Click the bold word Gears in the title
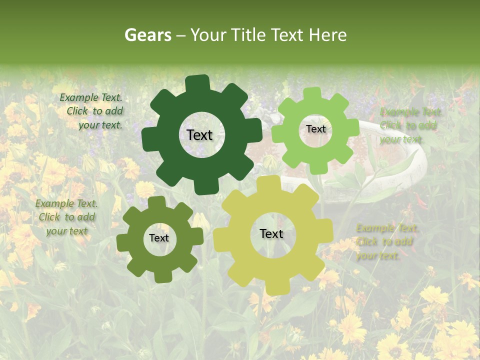click(146, 35)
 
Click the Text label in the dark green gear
click(199, 135)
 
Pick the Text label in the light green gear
click(315, 129)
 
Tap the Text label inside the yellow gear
click(271, 234)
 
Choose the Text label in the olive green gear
click(159, 238)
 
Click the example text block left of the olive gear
click(66, 217)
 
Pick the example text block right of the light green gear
click(410, 125)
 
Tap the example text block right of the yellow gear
click(386, 241)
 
